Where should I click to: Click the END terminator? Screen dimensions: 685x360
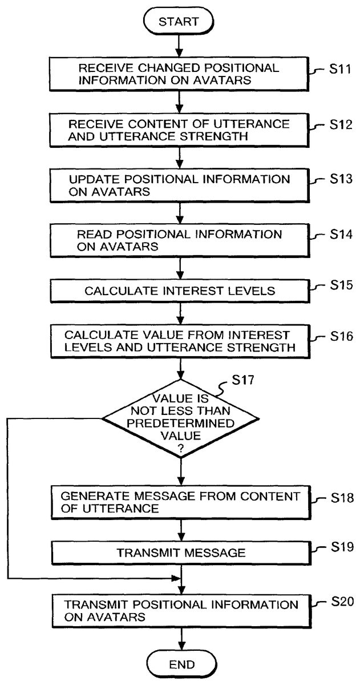[x=181, y=664]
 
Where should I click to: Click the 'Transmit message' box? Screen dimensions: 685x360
[x=180, y=553]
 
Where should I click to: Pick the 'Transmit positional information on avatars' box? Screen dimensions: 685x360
[x=180, y=610]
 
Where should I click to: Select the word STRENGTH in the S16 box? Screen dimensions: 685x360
[x=261, y=347]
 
